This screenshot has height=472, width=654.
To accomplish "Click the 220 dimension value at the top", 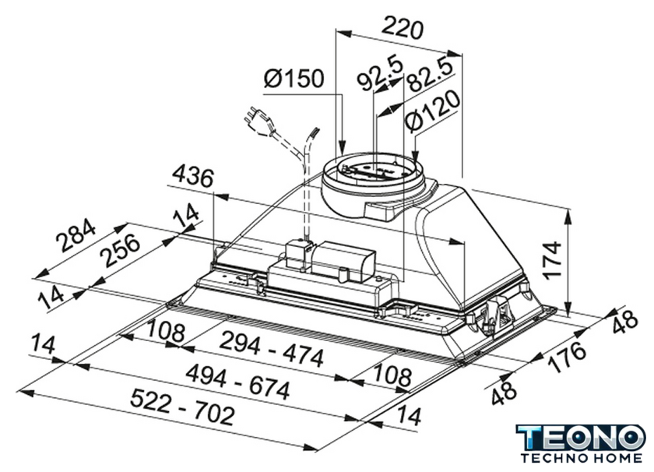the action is coord(402,28).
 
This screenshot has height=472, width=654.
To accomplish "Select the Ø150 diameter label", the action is coord(294,79).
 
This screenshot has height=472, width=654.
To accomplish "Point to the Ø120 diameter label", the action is coord(433,111).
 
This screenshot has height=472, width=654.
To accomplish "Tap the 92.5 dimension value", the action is coord(381,73).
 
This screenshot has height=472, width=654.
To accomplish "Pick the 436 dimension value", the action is coord(193,177).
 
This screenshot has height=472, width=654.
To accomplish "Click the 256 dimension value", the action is coord(121,250).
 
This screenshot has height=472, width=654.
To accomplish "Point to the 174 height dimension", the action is coord(553,259).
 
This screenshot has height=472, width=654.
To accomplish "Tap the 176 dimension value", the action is coord(567,357).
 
